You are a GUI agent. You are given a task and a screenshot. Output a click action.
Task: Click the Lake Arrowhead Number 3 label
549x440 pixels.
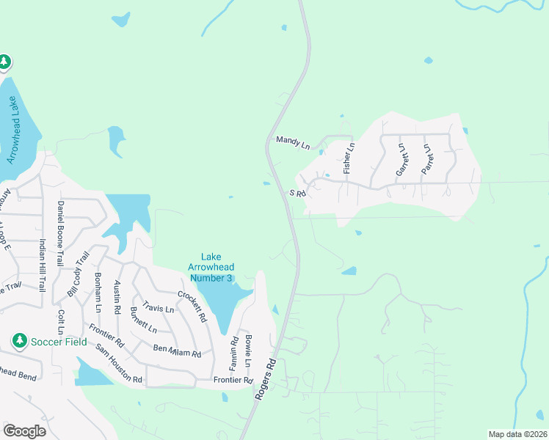click(211, 267)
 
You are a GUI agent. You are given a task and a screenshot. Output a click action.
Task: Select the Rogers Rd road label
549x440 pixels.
click(266, 378)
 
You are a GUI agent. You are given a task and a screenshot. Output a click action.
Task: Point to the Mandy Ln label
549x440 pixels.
click(293, 142)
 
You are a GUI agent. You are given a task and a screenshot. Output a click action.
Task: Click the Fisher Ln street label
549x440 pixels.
click(350, 158)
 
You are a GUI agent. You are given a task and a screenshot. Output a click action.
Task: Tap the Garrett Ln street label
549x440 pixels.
click(401, 158)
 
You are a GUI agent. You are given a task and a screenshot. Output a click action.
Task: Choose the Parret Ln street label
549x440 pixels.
click(425, 158)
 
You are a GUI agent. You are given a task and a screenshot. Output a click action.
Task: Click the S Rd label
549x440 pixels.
click(297, 193)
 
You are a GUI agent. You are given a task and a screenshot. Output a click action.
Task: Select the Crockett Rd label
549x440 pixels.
click(193, 307)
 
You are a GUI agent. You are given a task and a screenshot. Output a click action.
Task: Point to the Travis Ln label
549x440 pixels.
click(159, 309)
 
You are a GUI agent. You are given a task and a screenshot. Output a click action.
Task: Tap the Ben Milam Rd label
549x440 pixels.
click(177, 351)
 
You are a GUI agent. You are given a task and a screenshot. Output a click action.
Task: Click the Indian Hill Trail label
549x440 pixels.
click(43, 265)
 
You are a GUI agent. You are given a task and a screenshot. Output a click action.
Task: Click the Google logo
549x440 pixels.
click(24, 430)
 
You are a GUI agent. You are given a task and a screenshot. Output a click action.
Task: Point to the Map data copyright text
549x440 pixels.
click(517, 434)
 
